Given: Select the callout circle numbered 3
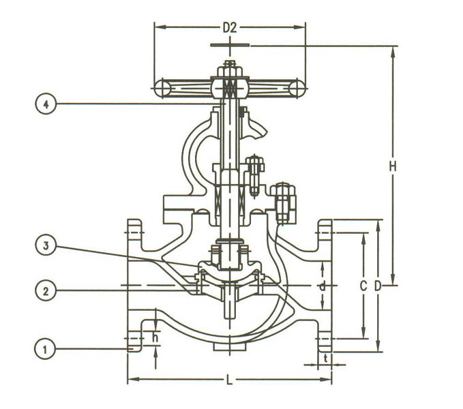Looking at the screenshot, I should point(45,247).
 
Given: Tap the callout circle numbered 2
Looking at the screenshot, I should point(45,290).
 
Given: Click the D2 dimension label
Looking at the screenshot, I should point(230,28).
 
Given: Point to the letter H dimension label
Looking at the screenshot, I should point(392,166).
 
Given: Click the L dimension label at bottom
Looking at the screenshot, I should point(229,380).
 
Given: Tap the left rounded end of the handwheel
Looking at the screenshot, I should point(160,88).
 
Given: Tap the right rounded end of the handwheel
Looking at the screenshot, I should point(299,88).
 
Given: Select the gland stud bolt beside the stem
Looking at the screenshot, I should point(256,172).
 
